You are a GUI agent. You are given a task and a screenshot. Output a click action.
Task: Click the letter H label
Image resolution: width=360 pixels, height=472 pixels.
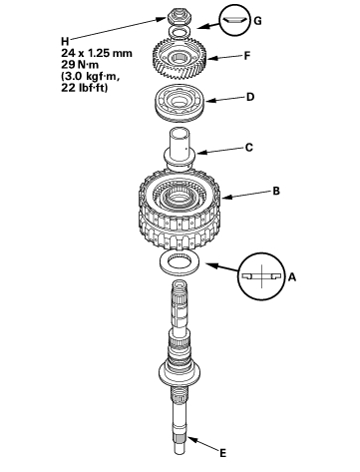pyautogui.click(x=65, y=41)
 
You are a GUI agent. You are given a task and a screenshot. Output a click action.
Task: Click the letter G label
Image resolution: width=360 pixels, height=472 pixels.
pyautogui.click(x=257, y=21)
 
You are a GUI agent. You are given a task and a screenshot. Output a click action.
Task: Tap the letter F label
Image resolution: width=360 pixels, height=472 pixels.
pyautogui.click(x=247, y=56)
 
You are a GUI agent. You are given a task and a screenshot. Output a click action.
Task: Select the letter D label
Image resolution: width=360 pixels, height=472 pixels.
pyautogui.click(x=250, y=97)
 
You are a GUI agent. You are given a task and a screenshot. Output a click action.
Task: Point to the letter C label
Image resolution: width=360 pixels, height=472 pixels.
pyautogui.click(x=249, y=148)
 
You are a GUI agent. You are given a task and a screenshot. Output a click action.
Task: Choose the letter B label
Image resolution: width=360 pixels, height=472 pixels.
pyautogui.click(x=276, y=191)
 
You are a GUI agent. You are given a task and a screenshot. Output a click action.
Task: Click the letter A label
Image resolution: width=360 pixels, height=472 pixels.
pyautogui.click(x=291, y=276)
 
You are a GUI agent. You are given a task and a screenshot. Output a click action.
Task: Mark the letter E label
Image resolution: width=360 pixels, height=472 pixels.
pyautogui.click(x=222, y=453)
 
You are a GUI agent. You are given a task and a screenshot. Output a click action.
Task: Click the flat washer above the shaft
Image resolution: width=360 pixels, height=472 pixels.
pyautogui.click(x=180, y=263)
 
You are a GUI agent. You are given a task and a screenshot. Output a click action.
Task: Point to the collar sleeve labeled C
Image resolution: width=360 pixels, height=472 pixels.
pyautogui.click(x=180, y=149)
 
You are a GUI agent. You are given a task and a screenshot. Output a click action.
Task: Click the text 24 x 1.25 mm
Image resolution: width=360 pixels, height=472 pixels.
pyautogui.click(x=97, y=53)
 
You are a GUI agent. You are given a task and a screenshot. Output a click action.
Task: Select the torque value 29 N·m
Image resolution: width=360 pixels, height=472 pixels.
pyautogui.click(x=80, y=65)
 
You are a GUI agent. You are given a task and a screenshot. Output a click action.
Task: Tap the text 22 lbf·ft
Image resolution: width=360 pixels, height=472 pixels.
pyautogui.click(x=85, y=88)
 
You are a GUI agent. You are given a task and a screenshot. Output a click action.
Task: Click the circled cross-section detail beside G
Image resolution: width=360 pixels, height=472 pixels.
pyautogui.click(x=234, y=20)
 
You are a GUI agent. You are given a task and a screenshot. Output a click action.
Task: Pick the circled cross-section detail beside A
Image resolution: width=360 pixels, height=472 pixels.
pyautogui.click(x=261, y=276)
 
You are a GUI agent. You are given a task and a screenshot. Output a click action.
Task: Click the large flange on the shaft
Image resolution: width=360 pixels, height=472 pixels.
pyautogui.click(x=180, y=373)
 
